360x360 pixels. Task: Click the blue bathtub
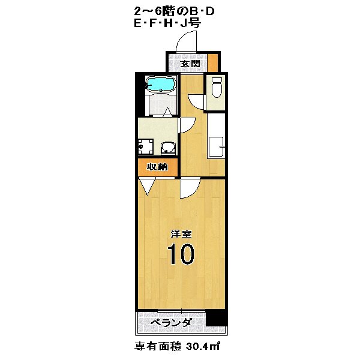pyautogui.click(x=160, y=85)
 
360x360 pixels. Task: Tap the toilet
pyautogui.click(x=217, y=88)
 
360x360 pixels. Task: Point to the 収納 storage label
pyautogui.click(x=157, y=167)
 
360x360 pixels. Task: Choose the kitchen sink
pyautogui.click(x=215, y=146)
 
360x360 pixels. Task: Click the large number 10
pyautogui.click(x=180, y=254)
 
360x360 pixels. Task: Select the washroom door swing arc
pyautogui.click(x=185, y=124)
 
